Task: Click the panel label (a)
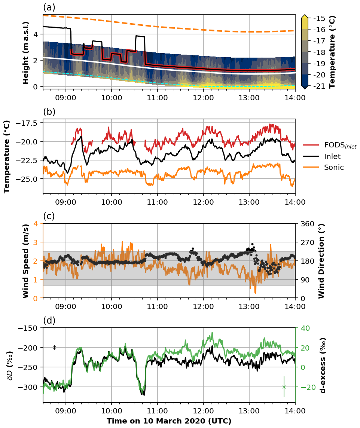[x=49, y=7]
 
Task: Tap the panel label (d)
[x=49, y=321]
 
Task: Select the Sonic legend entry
[x=334, y=167]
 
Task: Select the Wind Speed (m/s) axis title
[x=26, y=261]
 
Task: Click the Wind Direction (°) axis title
[x=321, y=261]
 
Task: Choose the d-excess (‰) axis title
[x=323, y=365]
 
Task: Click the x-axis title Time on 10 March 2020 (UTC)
[x=169, y=421]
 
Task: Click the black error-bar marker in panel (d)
[x=54, y=348]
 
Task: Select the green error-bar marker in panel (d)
[x=284, y=387]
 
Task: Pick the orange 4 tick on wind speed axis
[x=38, y=224]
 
